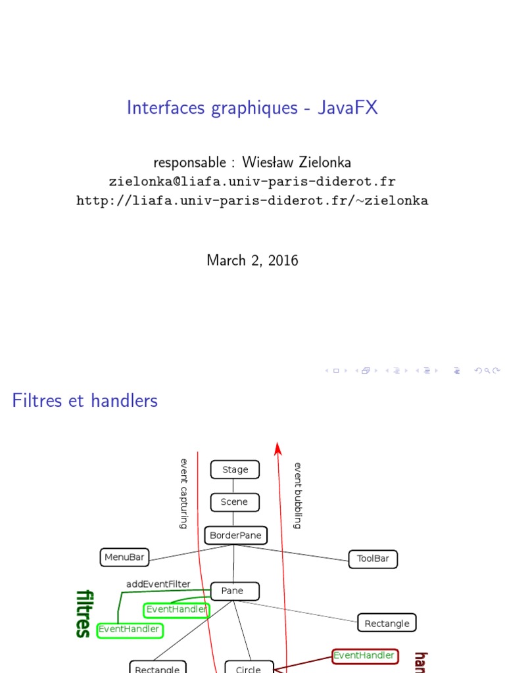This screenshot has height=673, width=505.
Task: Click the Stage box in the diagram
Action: (x=235, y=470)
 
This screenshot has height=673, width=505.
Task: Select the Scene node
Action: (x=235, y=502)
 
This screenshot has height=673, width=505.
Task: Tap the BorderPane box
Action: (x=235, y=536)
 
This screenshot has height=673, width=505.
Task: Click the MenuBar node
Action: (x=124, y=557)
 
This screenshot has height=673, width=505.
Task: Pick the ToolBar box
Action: (x=373, y=559)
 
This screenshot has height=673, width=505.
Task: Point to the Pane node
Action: (x=232, y=591)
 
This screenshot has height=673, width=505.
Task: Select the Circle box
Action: (x=248, y=668)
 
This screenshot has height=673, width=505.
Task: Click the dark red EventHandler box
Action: (x=364, y=655)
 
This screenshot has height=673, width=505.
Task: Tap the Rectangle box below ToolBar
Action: (x=387, y=623)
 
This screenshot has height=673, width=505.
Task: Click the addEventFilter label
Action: (x=158, y=584)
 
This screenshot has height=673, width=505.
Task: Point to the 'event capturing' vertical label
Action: (x=184, y=494)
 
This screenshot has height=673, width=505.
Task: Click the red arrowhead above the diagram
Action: (x=278, y=448)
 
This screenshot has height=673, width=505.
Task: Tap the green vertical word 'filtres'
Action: (x=84, y=613)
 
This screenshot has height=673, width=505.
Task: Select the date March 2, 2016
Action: (x=252, y=260)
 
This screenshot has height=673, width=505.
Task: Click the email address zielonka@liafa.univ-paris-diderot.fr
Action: (x=252, y=181)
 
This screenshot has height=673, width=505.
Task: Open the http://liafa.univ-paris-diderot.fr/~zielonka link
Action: (x=252, y=200)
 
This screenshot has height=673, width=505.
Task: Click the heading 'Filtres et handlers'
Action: (x=85, y=400)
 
